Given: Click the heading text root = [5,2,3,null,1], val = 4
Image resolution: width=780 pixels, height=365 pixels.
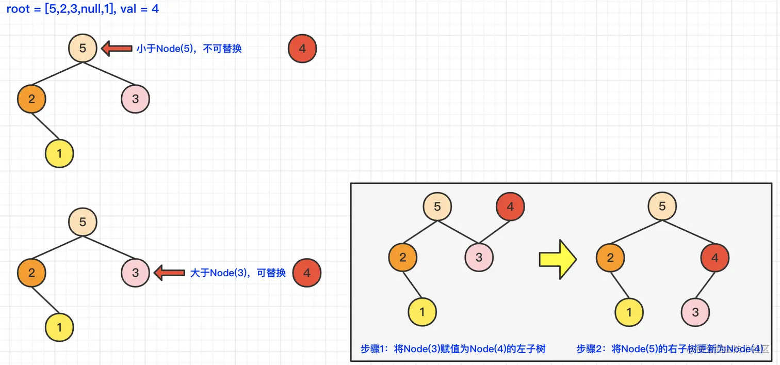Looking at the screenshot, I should pos(83,9).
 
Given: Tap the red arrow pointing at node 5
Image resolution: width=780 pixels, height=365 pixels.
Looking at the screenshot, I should pos(117,49).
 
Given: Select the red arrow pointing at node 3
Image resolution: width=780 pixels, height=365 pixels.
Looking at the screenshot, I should pos(170,273).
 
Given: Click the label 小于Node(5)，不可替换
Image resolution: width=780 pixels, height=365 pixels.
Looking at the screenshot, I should pos(189,49).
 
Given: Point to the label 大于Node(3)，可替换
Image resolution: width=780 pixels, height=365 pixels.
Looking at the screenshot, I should pos(238,273).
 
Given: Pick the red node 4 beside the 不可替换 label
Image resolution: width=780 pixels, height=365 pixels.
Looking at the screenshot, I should pos(302,49).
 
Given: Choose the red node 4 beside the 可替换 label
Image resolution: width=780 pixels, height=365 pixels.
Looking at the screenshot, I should pos(307,273).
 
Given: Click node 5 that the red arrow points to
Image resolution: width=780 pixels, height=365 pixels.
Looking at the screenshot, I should pos(83,49).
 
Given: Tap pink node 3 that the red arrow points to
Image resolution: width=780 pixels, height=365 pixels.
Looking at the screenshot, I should pos(135,273).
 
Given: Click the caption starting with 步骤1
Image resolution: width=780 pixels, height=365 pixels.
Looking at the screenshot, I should pos(453,349).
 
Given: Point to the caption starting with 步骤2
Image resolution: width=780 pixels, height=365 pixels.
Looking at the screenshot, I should pos(670,349).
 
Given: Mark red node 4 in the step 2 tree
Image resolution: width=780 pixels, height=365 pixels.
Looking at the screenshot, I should pos(714,257).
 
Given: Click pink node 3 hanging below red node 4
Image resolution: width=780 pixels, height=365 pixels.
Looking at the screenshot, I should pos(695,312).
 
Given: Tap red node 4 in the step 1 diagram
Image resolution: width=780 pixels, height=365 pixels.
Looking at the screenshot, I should pos(510,207).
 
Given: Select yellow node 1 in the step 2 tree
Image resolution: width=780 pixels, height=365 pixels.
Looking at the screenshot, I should pos(629,312).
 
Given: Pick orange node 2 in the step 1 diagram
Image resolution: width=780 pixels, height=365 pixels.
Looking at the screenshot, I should pos(403,257).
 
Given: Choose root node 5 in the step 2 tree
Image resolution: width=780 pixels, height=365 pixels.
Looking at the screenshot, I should pos(662,207).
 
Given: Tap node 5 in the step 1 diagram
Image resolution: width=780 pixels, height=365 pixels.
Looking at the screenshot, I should pos(437,207).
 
